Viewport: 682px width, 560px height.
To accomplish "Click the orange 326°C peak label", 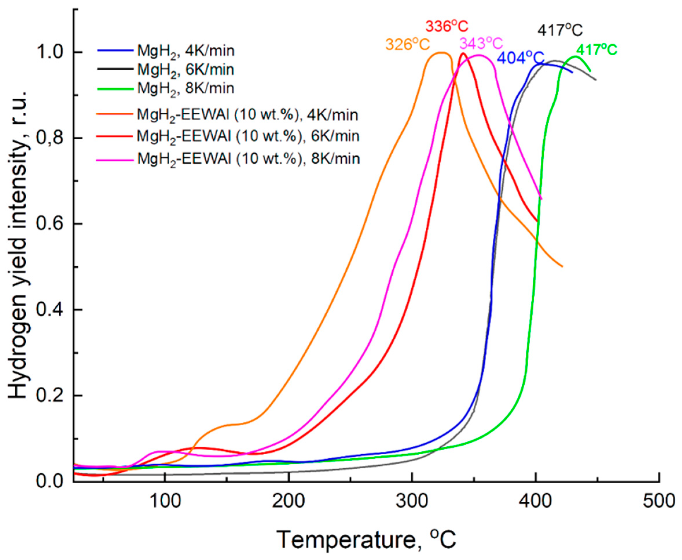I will [408, 45].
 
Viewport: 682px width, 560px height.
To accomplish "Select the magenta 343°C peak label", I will [481, 43].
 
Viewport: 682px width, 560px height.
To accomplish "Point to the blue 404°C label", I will [521, 58].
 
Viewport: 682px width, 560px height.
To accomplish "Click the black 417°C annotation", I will [560, 31].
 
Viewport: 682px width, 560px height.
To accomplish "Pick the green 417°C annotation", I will [597, 50].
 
